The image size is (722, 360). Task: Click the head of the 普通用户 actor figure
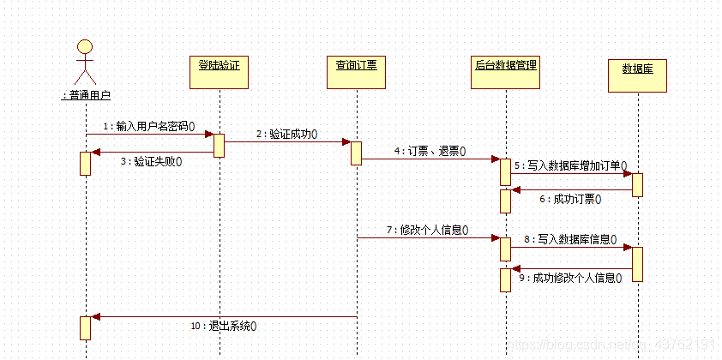click(x=85, y=46)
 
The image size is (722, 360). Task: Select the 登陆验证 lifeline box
click(x=220, y=72)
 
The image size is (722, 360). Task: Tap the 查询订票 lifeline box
click(x=357, y=72)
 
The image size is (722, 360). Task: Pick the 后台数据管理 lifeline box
click(x=506, y=72)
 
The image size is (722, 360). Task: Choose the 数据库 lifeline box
click(x=638, y=75)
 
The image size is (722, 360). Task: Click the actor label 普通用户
click(x=86, y=95)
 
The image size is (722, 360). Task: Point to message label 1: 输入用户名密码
click(x=148, y=126)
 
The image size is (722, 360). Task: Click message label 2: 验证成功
click(x=287, y=134)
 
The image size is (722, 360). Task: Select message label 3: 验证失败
click(x=152, y=162)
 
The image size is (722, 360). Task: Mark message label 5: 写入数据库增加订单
click(x=570, y=165)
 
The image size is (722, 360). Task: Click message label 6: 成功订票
click(x=570, y=200)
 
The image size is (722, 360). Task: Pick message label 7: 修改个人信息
click(x=428, y=230)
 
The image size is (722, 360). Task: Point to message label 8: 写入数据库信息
click(x=570, y=239)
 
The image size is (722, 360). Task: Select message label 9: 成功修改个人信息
click(x=570, y=278)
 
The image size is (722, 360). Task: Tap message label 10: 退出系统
click(x=224, y=327)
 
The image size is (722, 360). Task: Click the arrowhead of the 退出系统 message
click(x=95, y=317)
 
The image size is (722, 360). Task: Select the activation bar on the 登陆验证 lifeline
click(x=220, y=146)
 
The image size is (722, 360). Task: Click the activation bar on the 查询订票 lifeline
click(x=357, y=153)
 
